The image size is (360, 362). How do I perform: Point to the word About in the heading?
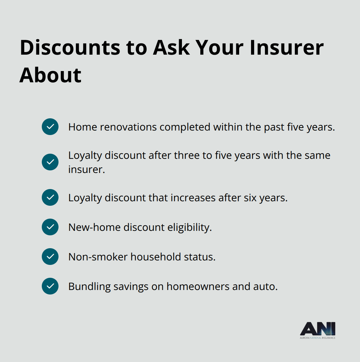click(x=50, y=76)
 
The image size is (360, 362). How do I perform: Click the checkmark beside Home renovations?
click(x=50, y=127)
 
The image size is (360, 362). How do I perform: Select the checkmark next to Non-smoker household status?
click(x=50, y=257)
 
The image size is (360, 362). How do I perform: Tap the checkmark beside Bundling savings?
click(x=50, y=286)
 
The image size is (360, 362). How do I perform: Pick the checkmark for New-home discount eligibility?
click(x=50, y=227)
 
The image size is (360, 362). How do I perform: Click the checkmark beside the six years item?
click(x=50, y=197)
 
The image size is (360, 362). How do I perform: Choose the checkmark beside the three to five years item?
click(x=50, y=162)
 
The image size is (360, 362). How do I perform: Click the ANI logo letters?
click(x=318, y=329)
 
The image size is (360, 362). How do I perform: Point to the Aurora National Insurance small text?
click(x=318, y=338)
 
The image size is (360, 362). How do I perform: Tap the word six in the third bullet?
click(x=250, y=198)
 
